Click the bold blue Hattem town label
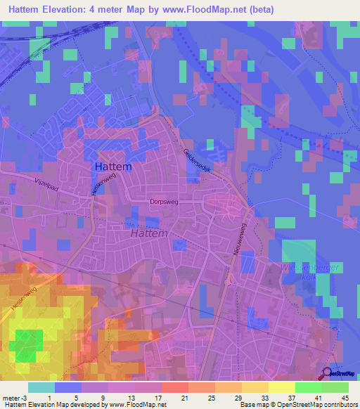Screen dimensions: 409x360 (110, 168)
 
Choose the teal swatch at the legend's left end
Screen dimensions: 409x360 (41, 387)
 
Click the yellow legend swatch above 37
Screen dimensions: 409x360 (281, 387)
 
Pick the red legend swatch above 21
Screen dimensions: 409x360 (174, 387)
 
